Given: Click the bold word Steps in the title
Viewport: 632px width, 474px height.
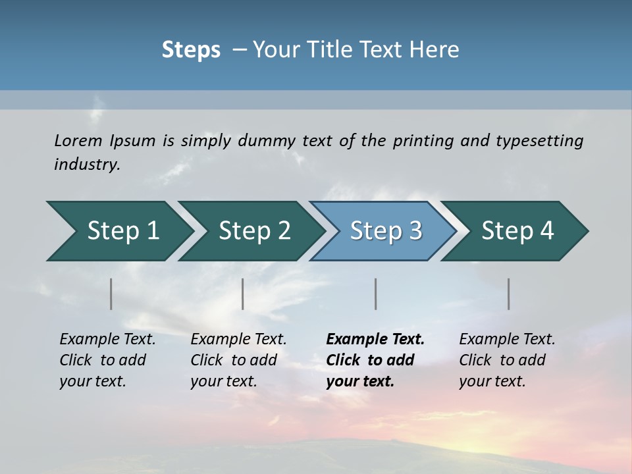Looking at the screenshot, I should click(191, 50).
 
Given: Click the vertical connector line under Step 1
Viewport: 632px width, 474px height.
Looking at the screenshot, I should click(111, 294).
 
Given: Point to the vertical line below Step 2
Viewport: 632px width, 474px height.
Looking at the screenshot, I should click(243, 294).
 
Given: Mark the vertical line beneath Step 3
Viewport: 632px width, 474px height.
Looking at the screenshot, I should click(376, 294).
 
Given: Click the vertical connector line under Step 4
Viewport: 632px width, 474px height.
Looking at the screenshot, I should click(509, 294).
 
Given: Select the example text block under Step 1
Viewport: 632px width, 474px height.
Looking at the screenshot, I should click(107, 360).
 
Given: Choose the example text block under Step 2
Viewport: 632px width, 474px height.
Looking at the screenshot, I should click(238, 360).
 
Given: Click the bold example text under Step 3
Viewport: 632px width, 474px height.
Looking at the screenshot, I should click(375, 360).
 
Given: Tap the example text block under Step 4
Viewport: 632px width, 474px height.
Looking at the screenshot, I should click(507, 360).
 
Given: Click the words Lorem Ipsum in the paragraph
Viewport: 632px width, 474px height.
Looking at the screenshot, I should click(105, 141).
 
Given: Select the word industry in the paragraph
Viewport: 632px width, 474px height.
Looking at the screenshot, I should click(86, 165).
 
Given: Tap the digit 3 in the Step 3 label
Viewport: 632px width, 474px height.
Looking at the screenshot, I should click(415, 231).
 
